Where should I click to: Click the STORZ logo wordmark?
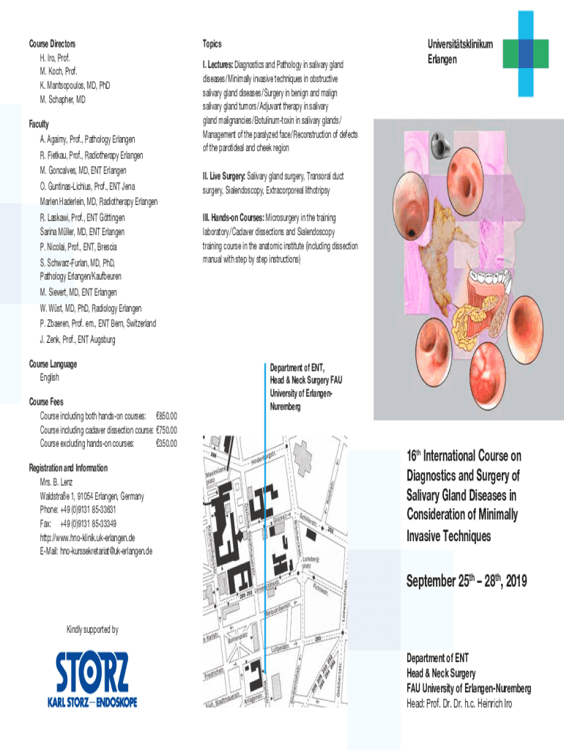96,672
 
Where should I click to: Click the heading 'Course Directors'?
52,44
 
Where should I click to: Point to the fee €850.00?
166,415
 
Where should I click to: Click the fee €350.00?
166,443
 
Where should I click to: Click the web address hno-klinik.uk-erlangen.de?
86,537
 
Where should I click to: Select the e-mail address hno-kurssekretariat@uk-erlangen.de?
96,551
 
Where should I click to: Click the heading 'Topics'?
212,44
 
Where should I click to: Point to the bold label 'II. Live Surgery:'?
223,177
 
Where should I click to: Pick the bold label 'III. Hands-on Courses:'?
232,218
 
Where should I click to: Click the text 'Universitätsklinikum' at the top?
459,45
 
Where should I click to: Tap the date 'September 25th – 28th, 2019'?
467,582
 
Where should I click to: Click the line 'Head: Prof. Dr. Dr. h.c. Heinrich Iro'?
459,704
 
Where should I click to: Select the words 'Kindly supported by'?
92,630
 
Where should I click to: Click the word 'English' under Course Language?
49,378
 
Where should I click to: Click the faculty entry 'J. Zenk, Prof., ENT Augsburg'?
78,339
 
